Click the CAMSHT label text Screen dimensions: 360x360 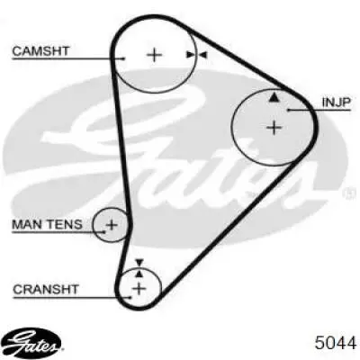40,51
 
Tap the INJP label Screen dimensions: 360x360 336,103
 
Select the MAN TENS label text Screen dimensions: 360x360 47,224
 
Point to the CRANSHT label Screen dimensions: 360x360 46,290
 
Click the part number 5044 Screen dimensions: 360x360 336,343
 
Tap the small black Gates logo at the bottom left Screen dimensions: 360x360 33,342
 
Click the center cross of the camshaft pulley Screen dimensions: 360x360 155,55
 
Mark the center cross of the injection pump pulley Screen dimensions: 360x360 274,128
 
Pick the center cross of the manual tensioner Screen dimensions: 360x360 112,225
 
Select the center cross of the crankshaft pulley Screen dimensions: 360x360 139,289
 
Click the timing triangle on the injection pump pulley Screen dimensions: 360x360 274,97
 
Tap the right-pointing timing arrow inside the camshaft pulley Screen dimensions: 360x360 190,55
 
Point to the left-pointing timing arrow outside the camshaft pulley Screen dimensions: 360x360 202,55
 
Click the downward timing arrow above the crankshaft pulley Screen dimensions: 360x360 139,263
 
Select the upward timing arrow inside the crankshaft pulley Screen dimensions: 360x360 139,273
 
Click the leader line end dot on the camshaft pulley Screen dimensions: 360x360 123,58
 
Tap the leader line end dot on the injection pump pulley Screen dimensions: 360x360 288,110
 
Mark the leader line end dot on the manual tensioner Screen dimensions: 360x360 103,232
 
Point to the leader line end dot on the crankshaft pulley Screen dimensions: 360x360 130,298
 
